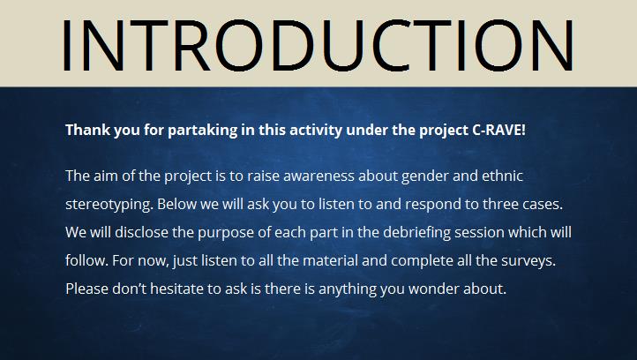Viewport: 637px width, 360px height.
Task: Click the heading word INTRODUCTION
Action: click(318, 45)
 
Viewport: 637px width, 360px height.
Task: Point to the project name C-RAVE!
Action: click(498, 130)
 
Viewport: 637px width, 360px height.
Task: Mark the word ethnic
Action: click(502, 176)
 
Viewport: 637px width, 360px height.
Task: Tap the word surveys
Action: click(528, 261)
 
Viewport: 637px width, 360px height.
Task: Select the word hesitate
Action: click(177, 289)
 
